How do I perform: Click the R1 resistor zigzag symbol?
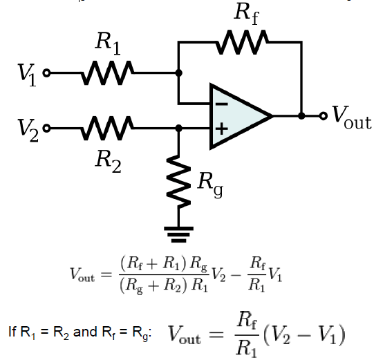coord(107,72)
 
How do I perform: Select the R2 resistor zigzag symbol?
coord(107,128)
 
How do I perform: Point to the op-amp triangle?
coord(239,115)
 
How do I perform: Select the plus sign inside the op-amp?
coord(221,129)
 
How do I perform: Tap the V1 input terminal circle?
coord(46,72)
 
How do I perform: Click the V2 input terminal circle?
coord(46,128)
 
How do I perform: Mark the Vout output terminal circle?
coord(323,115)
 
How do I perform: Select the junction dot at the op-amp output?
coord(301,115)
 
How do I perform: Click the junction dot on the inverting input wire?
coord(179,72)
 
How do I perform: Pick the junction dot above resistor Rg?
coord(179,128)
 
